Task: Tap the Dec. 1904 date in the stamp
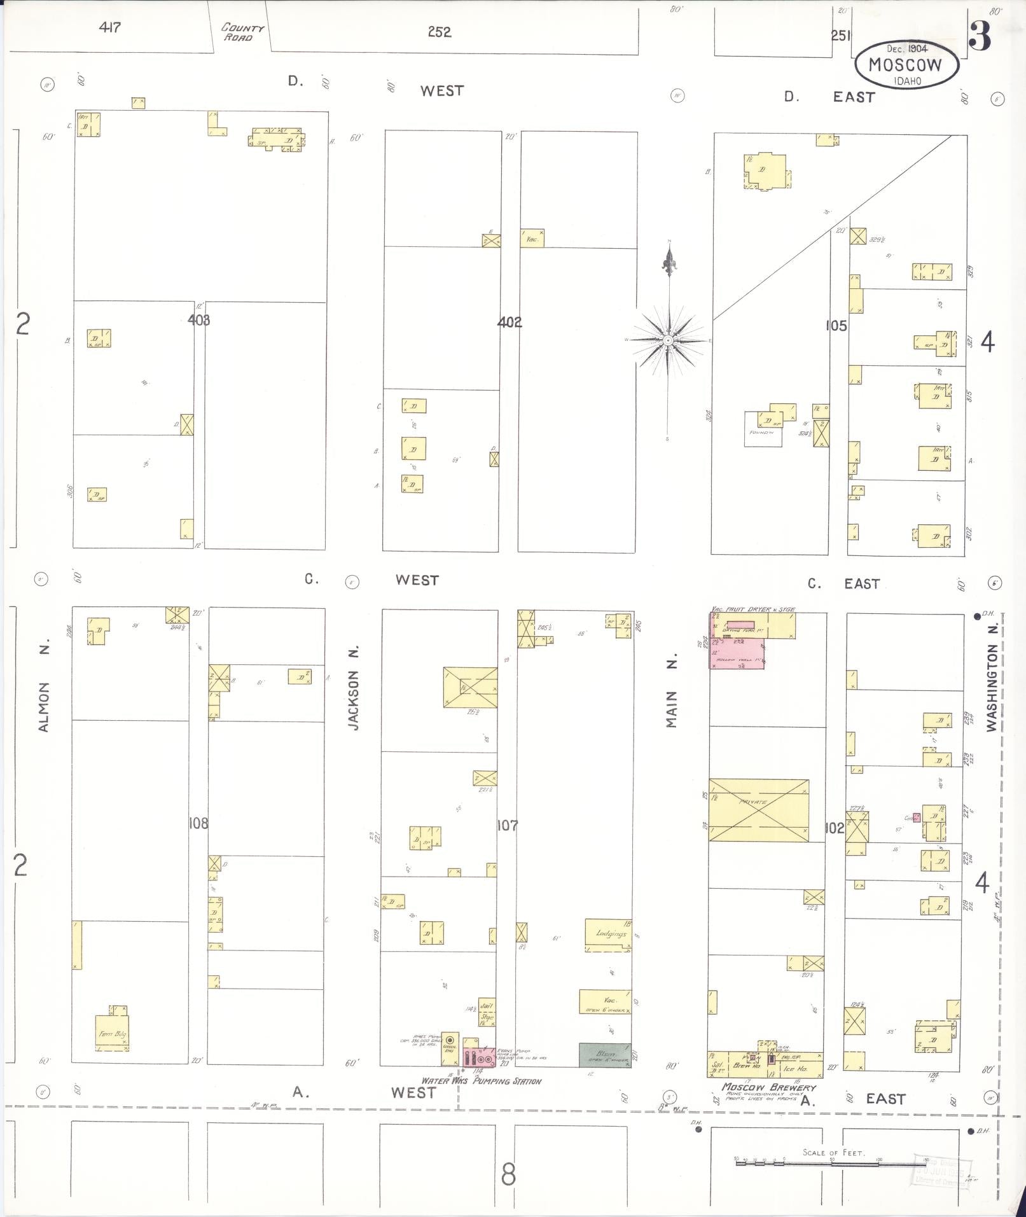pyautogui.click(x=908, y=49)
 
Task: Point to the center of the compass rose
pyautogui.click(x=668, y=341)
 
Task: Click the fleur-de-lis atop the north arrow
pyautogui.click(x=668, y=261)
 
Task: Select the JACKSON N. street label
pyautogui.click(x=354, y=688)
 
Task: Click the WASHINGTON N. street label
pyautogui.click(x=992, y=679)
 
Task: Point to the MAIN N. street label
pyautogui.click(x=672, y=692)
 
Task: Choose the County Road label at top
pyautogui.click(x=241, y=32)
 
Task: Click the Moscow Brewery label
pyautogui.click(x=768, y=1087)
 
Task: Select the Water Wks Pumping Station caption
pyautogui.click(x=482, y=1081)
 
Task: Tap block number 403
pyautogui.click(x=198, y=320)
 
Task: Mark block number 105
pyautogui.click(x=836, y=326)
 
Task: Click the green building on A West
pyautogui.click(x=605, y=1055)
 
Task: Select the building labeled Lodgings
pyautogui.click(x=609, y=935)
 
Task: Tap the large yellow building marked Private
pyautogui.click(x=759, y=810)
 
